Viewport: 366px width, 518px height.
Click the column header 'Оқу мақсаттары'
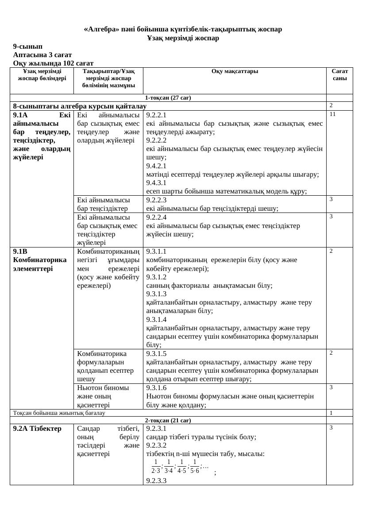pyautogui.click(x=235, y=71)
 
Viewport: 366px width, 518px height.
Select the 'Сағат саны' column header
pyautogui.click(x=339, y=74)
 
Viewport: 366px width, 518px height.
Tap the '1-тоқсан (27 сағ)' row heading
pyautogui.click(x=168, y=98)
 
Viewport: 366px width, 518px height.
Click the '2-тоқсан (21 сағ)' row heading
pyautogui.click(x=168, y=420)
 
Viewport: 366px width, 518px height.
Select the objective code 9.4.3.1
pyautogui.click(x=156, y=182)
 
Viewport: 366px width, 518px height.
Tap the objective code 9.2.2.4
pyautogui.click(x=156, y=217)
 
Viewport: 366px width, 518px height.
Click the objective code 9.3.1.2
pyautogui.click(x=156, y=277)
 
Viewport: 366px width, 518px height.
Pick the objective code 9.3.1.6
pyautogui.click(x=156, y=388)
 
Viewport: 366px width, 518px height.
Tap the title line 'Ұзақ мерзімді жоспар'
pyautogui.click(x=183, y=38)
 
